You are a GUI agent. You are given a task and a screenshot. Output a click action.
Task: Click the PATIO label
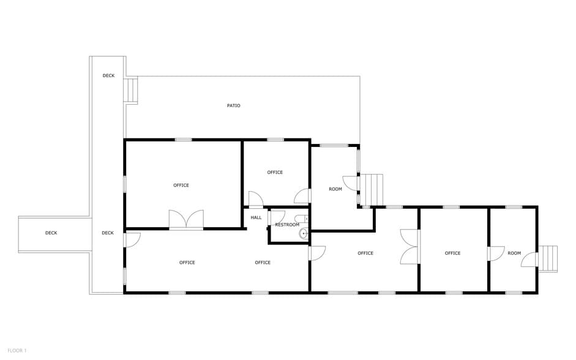click(x=233, y=106)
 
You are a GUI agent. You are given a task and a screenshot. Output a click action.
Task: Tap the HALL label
click(x=256, y=217)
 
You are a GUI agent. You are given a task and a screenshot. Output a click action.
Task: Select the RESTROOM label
click(x=287, y=225)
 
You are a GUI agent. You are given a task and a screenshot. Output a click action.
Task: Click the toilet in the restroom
click(x=301, y=219)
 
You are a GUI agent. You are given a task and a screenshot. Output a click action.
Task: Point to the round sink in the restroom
click(x=303, y=233)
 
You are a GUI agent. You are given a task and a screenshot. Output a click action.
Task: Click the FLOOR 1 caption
click(x=17, y=350)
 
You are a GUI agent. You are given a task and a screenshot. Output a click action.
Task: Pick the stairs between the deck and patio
click(x=131, y=89)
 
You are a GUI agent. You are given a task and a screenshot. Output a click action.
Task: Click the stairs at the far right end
click(x=548, y=258)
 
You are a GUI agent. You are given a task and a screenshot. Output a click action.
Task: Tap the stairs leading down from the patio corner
click(x=372, y=189)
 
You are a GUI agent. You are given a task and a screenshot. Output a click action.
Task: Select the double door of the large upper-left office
click(x=186, y=220)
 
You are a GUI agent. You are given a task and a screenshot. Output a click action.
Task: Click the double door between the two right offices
click(x=410, y=247)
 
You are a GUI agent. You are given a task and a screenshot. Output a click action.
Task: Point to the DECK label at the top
click(x=108, y=75)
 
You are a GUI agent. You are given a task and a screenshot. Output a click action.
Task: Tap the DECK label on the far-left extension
click(x=51, y=233)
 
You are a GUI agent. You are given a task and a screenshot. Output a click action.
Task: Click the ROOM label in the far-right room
click(x=514, y=253)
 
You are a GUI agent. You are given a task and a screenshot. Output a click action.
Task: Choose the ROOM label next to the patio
click(x=335, y=189)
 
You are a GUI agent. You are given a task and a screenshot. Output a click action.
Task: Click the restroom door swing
click(x=277, y=217)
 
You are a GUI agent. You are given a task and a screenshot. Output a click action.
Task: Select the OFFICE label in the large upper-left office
click(x=181, y=185)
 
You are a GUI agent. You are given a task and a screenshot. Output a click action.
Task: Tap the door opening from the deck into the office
click(x=132, y=239)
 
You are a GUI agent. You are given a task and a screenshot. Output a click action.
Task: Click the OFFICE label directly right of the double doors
click(x=452, y=253)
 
